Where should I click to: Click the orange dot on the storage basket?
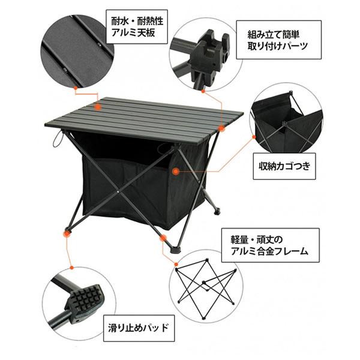point(175,171)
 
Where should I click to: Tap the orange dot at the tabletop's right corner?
point(222,127)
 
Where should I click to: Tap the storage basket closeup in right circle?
point(285,123)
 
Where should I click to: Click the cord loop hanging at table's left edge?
point(58,141)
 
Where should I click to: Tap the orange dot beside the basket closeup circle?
point(254,139)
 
